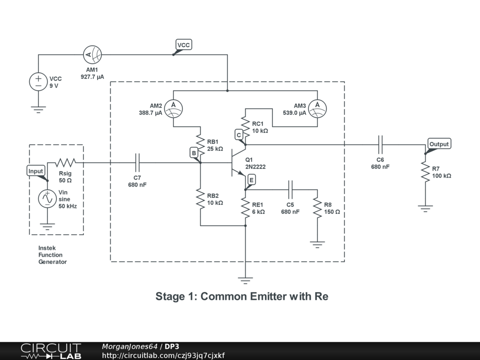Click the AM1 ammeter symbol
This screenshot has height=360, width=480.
[x=92, y=55]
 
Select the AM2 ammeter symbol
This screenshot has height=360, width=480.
[x=173, y=109]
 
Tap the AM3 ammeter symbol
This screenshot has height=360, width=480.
[x=317, y=109]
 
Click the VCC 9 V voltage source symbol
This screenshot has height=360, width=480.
[x=38, y=82]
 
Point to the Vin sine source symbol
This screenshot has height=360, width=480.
[x=47, y=199]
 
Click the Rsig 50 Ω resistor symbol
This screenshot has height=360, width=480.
[x=65, y=163]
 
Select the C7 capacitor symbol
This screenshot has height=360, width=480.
[x=137, y=163]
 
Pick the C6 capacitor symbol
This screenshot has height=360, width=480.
[x=380, y=145]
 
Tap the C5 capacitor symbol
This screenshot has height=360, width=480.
[x=290, y=189]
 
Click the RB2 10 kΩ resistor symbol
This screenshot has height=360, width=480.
[x=201, y=199]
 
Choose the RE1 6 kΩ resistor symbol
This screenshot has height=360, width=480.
[x=246, y=208]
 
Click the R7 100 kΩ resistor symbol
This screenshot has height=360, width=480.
[x=425, y=172]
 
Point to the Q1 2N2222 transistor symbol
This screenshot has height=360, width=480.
[x=239, y=163]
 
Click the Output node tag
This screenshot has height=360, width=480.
[x=439, y=144]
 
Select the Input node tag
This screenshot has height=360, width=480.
[x=36, y=171]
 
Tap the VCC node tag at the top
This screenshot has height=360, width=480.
[x=184, y=45]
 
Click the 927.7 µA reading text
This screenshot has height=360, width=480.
[x=92, y=77]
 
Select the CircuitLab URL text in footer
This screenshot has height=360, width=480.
[x=163, y=355]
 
